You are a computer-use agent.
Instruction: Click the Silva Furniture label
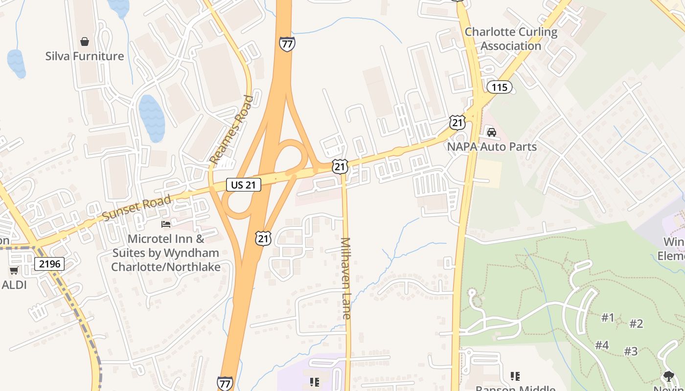click(85, 56)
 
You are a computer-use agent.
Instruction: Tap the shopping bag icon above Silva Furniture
click(85, 42)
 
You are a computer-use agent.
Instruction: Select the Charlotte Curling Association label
click(511, 39)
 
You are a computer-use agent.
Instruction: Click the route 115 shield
click(499, 87)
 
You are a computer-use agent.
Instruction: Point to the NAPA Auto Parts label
click(492, 147)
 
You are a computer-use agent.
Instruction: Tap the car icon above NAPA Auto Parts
click(492, 132)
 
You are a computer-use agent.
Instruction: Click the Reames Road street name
click(232, 130)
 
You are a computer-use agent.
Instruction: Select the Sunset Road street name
click(137, 207)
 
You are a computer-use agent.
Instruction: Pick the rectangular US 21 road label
click(243, 185)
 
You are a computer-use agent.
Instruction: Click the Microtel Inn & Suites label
click(165, 253)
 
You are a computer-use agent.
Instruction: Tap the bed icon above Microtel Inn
click(166, 224)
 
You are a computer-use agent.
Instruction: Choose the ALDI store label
click(14, 285)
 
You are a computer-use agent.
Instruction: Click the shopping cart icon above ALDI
click(14, 270)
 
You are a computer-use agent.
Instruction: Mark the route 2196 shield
click(49, 264)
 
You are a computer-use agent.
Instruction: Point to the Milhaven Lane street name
click(346, 279)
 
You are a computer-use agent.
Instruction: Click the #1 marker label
click(608, 318)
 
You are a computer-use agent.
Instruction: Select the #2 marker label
click(636, 324)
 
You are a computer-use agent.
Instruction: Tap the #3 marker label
click(631, 351)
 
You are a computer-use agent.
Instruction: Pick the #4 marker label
click(602, 345)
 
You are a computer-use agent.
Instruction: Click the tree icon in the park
click(669, 376)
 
